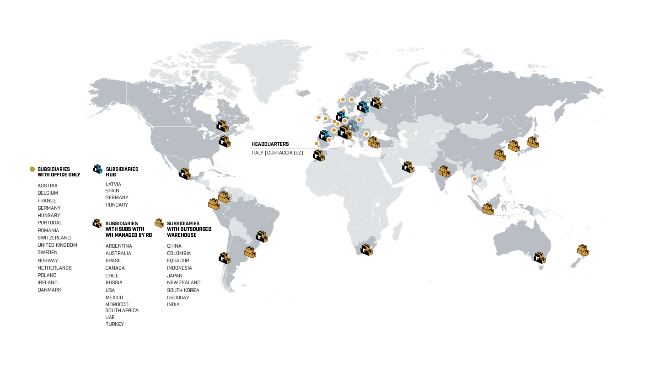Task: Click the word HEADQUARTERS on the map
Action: (270, 144)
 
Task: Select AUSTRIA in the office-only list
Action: (48, 186)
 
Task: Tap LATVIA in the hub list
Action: (113, 184)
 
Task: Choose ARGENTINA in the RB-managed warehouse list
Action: (118, 246)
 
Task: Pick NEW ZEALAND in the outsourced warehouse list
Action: (183, 282)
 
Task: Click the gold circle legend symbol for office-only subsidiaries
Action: (32, 169)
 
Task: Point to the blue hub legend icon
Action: (97, 169)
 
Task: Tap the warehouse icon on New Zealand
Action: (583, 250)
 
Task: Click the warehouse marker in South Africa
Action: (366, 250)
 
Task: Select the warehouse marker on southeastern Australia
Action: (540, 257)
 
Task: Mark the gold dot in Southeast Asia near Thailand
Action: (475, 179)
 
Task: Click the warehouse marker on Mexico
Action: (185, 174)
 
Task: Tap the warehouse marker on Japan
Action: (532, 142)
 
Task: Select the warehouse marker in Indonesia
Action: (488, 209)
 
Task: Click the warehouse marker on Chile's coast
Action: (225, 258)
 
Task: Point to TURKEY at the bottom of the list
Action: (114, 324)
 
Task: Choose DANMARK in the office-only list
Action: (49, 290)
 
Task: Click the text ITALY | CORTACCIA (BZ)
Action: (277, 153)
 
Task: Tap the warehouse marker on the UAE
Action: (408, 167)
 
